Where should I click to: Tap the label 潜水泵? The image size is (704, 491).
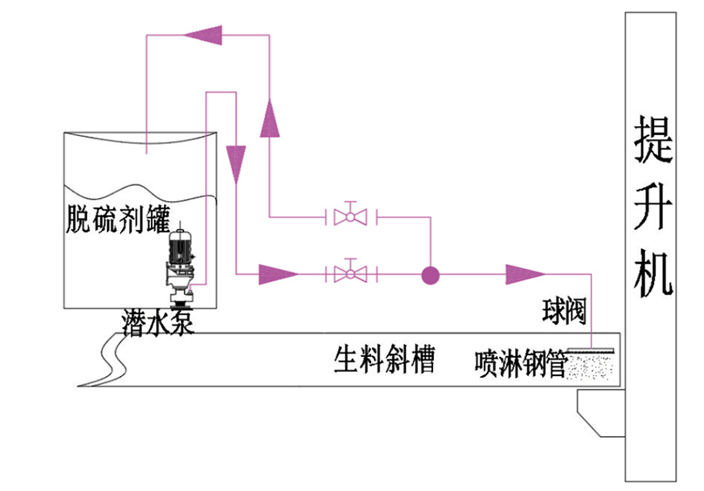153,321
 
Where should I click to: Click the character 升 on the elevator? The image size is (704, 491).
653,207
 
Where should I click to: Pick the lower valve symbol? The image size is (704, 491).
350,274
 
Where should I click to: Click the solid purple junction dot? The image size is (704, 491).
430,275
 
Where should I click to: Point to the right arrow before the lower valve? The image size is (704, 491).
279,275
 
